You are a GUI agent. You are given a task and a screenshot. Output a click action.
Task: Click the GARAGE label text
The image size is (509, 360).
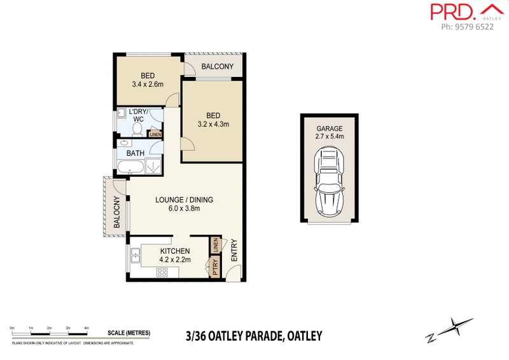(328, 128)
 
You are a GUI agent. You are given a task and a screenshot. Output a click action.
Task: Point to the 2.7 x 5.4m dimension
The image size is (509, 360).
(328, 137)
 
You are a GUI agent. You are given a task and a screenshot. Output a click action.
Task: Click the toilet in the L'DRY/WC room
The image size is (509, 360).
(137, 129)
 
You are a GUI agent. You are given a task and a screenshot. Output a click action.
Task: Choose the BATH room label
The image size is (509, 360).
(135, 153)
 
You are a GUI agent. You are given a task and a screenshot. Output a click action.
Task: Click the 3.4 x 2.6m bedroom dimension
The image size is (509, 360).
(148, 84)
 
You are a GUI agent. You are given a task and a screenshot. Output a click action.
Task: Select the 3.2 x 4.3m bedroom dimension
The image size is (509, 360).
(213, 124)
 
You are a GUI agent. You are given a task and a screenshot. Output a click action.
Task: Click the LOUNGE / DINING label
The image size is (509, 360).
(185, 200)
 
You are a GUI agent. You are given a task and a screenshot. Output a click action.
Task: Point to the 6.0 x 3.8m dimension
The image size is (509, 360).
(185, 209)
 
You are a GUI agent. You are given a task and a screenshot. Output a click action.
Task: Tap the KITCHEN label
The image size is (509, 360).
(175, 252)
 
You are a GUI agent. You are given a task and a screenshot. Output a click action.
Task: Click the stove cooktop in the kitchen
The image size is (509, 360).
(161, 273)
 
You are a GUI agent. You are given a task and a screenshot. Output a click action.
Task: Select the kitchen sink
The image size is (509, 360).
(136, 257)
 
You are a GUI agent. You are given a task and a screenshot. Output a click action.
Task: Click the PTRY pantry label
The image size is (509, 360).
(216, 267)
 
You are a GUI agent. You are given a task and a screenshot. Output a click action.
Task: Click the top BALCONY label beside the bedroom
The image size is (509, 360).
(218, 66)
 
